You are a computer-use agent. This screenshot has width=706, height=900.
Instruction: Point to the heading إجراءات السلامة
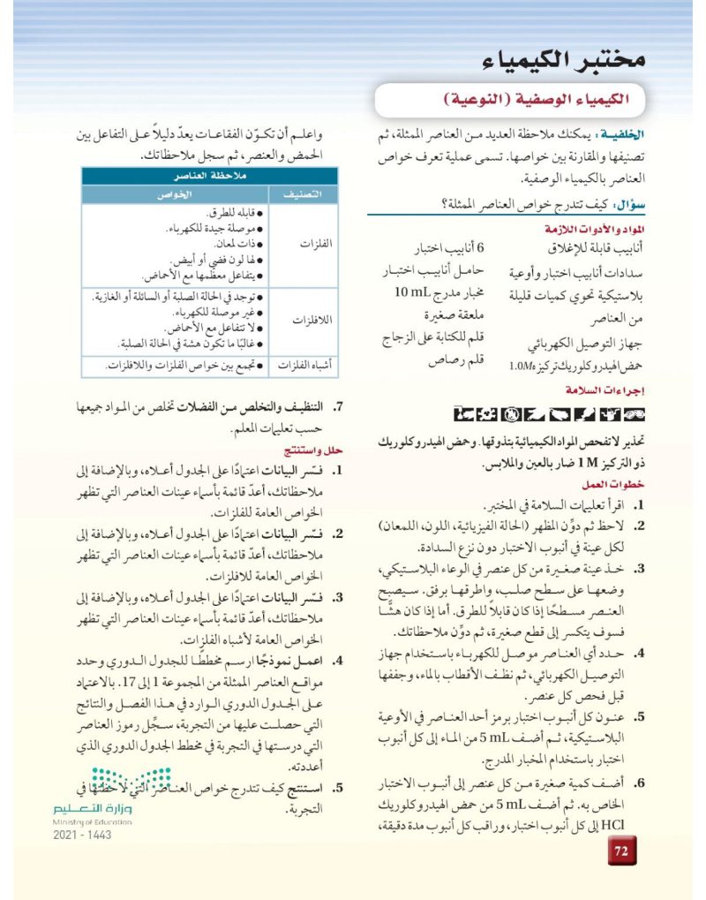(x=607, y=389)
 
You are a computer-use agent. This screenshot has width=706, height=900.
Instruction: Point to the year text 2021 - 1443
(x=82, y=835)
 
